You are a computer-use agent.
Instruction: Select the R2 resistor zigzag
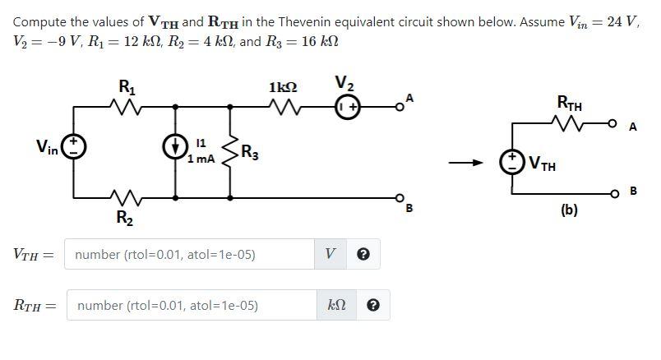tap(125, 198)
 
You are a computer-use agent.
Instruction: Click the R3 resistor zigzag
tap(230, 151)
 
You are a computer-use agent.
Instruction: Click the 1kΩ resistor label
tap(283, 86)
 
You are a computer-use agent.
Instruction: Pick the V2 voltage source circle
tap(346, 105)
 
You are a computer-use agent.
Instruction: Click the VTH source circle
tap(514, 159)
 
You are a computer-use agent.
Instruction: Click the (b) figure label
tap(569, 210)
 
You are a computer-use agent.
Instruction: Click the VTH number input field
tap(189, 255)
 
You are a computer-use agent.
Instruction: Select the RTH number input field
tap(192, 306)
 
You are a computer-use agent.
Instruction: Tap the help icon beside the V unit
tap(363, 255)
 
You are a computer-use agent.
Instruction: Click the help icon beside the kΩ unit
tap(373, 306)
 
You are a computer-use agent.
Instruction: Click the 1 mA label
tap(201, 159)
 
